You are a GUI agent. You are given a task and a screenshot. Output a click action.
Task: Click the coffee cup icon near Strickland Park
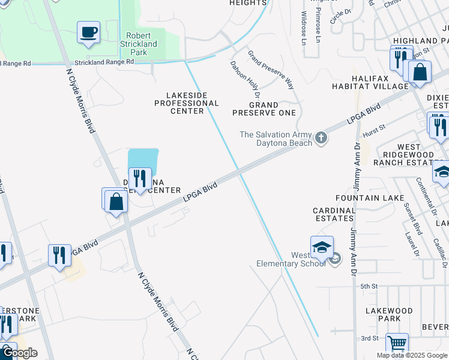point(89,32)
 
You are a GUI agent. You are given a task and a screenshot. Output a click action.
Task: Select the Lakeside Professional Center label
point(187,103)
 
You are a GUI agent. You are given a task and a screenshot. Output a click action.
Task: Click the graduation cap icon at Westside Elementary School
point(322,247)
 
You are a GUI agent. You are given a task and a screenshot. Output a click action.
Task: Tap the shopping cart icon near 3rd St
point(396,344)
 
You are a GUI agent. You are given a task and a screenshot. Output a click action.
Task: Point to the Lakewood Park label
point(389,314)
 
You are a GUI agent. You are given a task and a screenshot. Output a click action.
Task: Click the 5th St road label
point(369,287)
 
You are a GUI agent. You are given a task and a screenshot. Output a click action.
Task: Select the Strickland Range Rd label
point(104,62)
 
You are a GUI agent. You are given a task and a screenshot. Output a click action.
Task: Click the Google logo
point(20,353)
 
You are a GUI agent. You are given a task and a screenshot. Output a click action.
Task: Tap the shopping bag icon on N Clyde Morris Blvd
point(116,202)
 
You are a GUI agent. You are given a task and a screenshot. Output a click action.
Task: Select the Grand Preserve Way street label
point(271,70)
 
